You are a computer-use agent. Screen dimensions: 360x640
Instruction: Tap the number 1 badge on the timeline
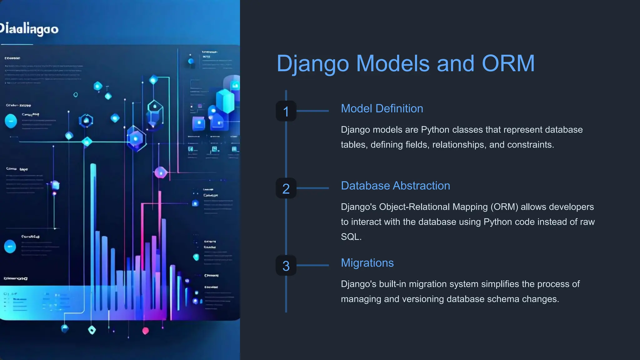pyautogui.click(x=286, y=111)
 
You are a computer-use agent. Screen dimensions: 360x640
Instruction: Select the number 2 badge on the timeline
pyautogui.click(x=286, y=188)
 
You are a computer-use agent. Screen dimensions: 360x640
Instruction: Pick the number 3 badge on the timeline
pyautogui.click(x=286, y=266)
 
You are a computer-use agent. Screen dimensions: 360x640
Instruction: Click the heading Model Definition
pyautogui.click(x=382, y=109)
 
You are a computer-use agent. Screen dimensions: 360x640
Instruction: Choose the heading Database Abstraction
pyautogui.click(x=395, y=186)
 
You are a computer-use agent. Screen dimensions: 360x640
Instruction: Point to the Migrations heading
pyautogui.click(x=367, y=263)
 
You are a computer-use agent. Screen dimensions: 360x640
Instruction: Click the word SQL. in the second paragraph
pyautogui.click(x=351, y=237)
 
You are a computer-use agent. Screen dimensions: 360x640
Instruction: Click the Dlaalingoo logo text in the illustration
pyautogui.click(x=29, y=29)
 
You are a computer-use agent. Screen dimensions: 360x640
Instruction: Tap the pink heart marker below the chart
pyautogui.click(x=146, y=331)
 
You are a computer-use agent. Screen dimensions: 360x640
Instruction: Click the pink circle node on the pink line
pyautogui.click(x=161, y=172)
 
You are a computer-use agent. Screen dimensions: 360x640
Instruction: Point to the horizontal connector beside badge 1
pyautogui.click(x=312, y=111)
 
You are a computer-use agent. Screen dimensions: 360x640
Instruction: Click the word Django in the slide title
pyautogui.click(x=313, y=64)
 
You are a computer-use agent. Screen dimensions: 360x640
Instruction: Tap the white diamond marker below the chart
pyautogui.click(x=92, y=330)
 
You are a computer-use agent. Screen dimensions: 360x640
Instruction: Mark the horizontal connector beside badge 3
pyautogui.click(x=312, y=265)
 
